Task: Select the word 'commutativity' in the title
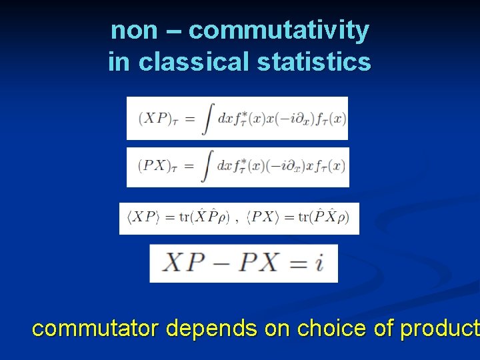click(279, 31)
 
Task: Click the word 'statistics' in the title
click(313, 62)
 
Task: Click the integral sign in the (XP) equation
click(207, 119)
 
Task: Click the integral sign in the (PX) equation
click(207, 167)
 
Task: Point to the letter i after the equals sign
click(319, 263)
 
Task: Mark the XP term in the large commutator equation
click(183, 263)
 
